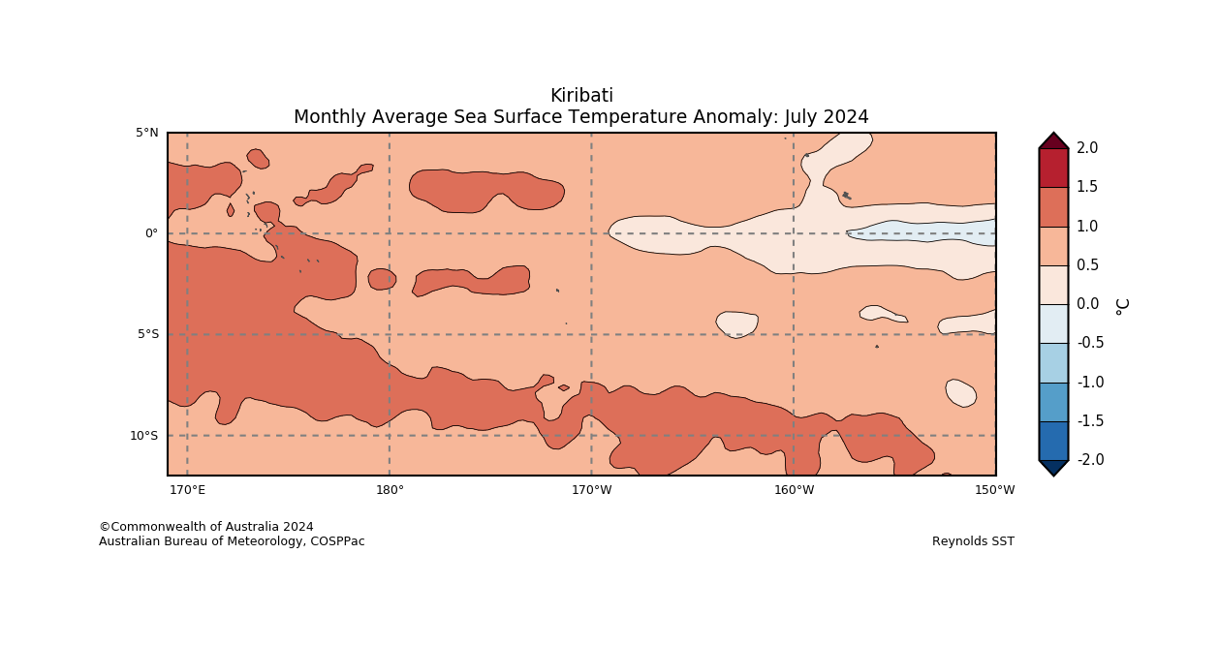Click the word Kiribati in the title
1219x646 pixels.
[x=581, y=96]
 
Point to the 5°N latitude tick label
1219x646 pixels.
[x=147, y=133]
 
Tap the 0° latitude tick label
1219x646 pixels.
[x=151, y=233]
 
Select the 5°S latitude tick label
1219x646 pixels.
[x=147, y=334]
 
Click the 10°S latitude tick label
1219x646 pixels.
[x=143, y=436]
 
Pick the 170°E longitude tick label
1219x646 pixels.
[x=187, y=490]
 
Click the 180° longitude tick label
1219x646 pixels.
[x=390, y=490]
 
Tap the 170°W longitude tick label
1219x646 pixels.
[x=591, y=490]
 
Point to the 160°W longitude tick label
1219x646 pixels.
[x=794, y=490]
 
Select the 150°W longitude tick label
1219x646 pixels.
[x=995, y=490]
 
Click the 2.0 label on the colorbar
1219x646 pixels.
[x=1087, y=148]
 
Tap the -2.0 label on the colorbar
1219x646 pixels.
[x=1090, y=460]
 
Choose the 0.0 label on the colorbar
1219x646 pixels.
[x=1087, y=304]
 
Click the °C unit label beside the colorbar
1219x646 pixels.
[x=1122, y=305]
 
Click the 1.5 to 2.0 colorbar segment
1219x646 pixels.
[x=1053, y=168]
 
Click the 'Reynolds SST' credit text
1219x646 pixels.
[x=973, y=541]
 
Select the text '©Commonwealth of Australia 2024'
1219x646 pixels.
[x=206, y=527]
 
